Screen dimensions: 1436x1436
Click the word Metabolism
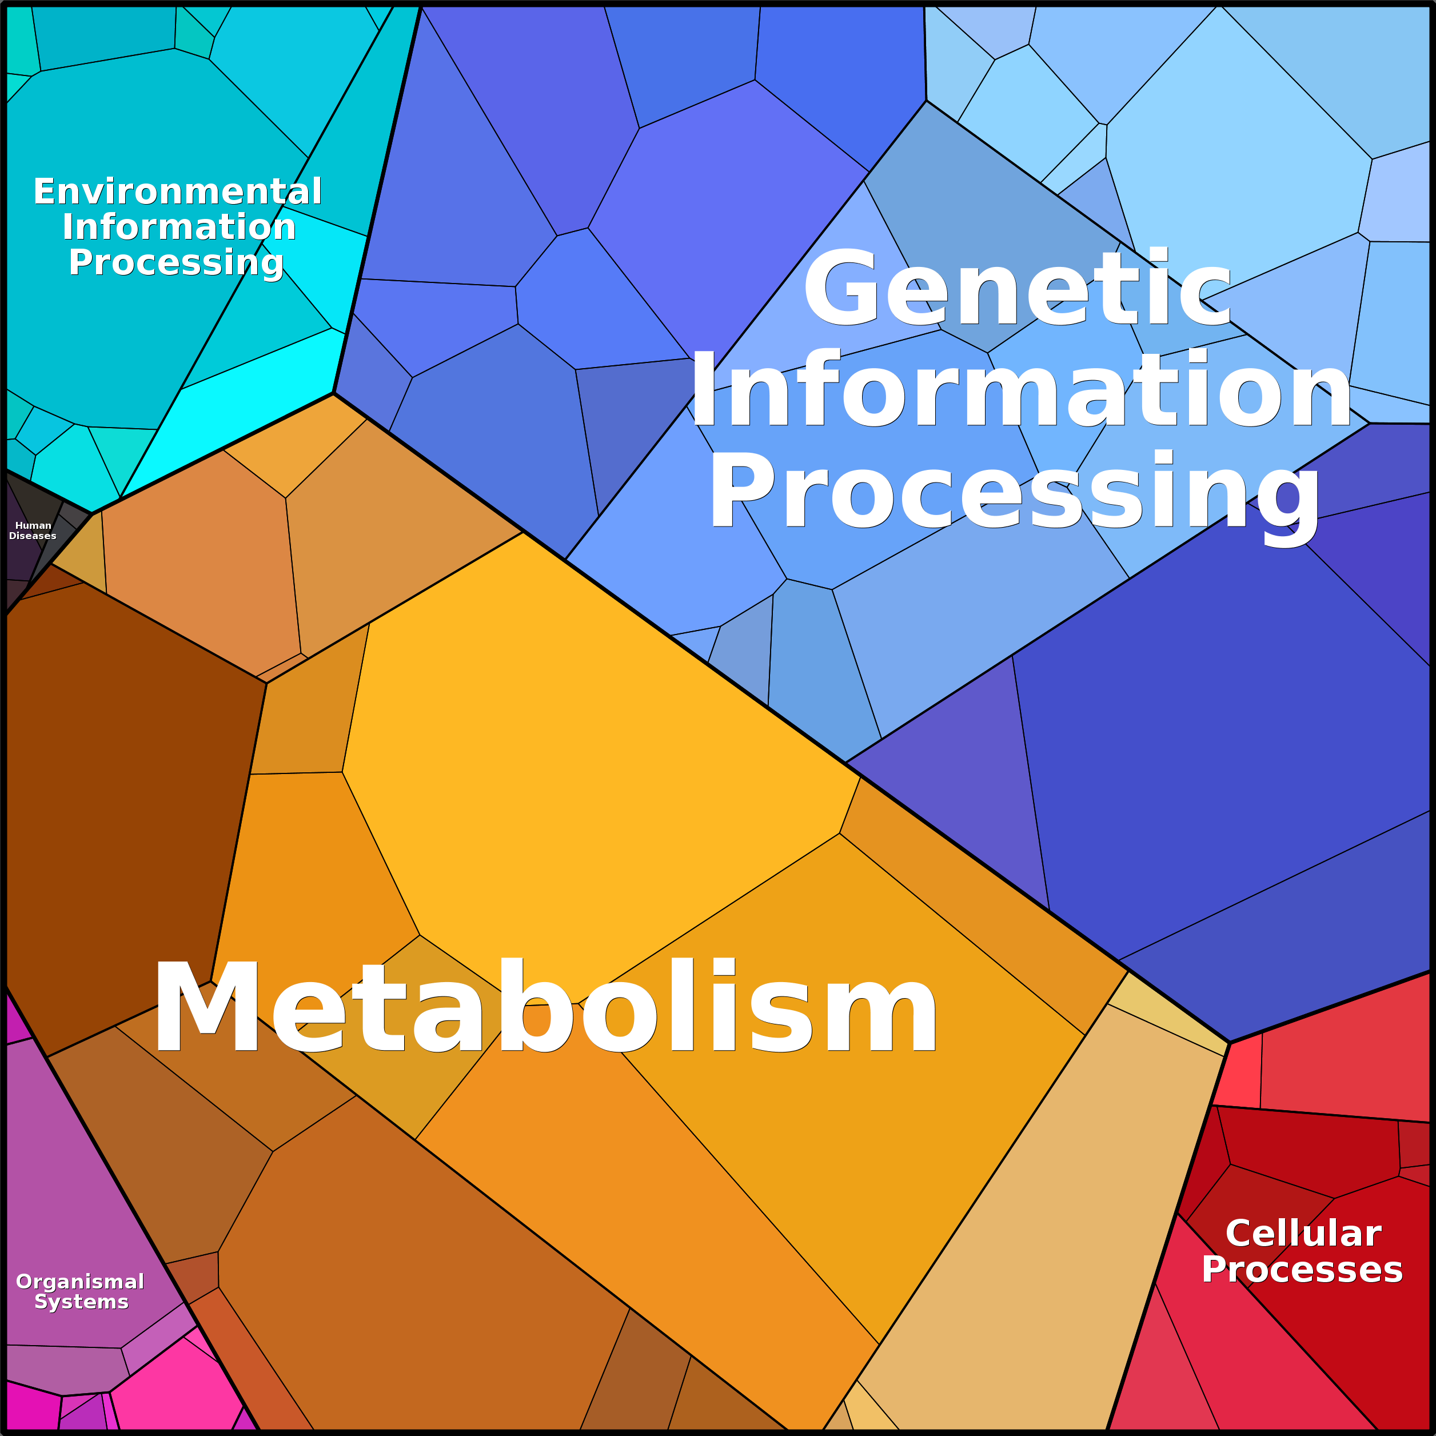[x=545, y=1006]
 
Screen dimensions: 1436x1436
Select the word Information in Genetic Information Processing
[x=1020, y=389]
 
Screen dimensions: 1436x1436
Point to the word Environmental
[x=178, y=192]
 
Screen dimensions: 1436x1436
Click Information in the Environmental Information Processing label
[x=179, y=227]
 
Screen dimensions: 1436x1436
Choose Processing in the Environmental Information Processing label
[x=176, y=263]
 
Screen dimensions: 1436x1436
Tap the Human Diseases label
[x=33, y=530]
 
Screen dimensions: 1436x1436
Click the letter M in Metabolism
[x=206, y=1006]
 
